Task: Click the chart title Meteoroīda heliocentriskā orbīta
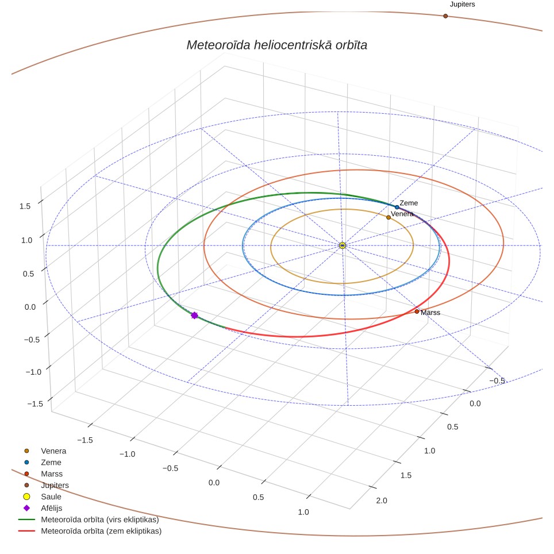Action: (276, 45)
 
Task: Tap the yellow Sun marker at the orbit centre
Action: (342, 245)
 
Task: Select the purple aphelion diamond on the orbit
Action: (194, 315)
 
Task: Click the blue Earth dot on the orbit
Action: (397, 207)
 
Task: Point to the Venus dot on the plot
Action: (388, 217)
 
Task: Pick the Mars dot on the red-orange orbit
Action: (417, 311)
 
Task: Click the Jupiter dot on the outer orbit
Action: (445, 16)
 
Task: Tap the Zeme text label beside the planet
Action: (409, 203)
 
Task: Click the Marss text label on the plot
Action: (430, 313)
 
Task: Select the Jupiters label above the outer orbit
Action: (462, 4)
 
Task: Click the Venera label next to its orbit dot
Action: (402, 214)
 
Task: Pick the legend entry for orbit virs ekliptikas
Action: (89, 520)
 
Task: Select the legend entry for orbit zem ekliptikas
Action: (90, 531)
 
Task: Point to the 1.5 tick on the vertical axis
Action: (25, 206)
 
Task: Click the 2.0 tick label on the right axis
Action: (382, 501)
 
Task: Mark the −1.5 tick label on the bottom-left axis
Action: (85, 440)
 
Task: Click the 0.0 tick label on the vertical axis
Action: (30, 307)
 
